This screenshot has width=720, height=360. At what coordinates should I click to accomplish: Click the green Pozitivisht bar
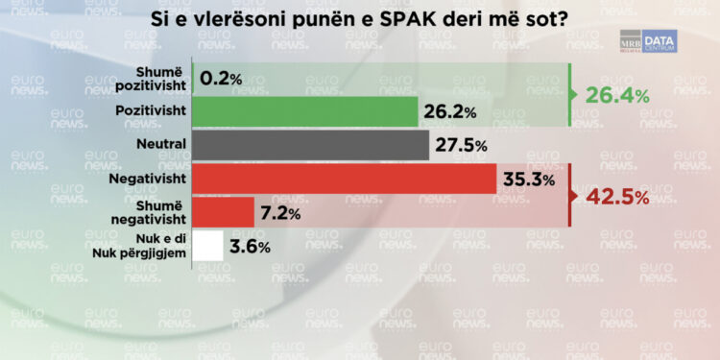305,112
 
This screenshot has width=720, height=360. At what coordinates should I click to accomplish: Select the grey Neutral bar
311,145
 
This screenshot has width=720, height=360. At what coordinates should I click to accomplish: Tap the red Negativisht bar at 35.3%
345,179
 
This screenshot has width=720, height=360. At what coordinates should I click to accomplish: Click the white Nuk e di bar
208,246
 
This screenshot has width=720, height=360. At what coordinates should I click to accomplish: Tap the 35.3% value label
528,180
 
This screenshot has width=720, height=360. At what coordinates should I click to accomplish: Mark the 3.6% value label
250,247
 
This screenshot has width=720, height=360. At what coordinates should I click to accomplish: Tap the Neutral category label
161,145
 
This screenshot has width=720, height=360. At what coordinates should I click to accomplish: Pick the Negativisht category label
152,179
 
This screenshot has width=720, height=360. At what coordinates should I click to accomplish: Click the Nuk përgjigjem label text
146,253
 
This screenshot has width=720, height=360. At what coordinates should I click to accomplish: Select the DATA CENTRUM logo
659,40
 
